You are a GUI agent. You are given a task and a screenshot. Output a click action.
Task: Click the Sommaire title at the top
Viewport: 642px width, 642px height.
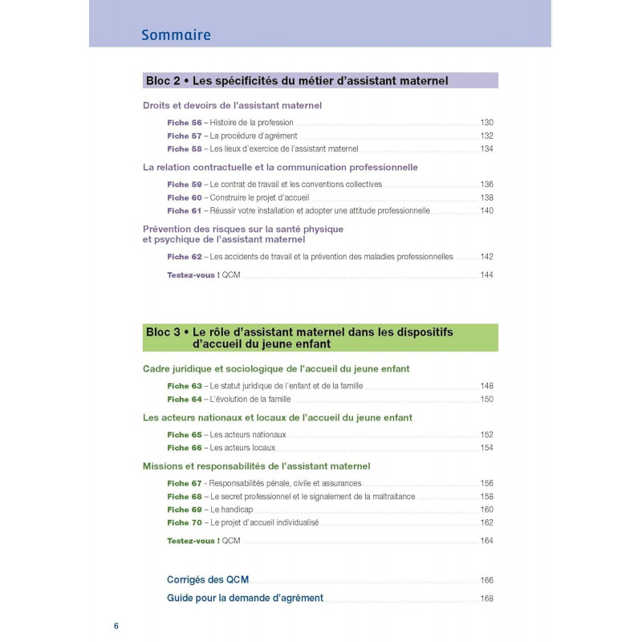tap(176, 35)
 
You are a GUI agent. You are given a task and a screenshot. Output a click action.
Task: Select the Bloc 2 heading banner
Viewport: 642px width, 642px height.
tap(320, 80)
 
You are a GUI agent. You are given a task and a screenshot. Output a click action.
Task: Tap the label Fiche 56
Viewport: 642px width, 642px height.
tap(184, 122)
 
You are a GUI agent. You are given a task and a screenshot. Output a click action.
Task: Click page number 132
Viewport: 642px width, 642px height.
tap(486, 136)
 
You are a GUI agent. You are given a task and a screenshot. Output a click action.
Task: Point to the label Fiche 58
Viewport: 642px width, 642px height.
tap(184, 149)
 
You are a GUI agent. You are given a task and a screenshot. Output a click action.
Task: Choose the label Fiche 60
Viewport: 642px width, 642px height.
tap(184, 197)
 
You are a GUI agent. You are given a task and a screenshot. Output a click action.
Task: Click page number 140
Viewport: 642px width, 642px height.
tap(486, 211)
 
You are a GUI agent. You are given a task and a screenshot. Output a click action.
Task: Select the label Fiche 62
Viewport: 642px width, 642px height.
tap(184, 257)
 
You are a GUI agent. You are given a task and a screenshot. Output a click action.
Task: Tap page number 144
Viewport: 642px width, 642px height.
tap(486, 275)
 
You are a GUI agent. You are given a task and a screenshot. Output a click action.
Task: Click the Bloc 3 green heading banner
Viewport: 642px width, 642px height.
tap(320, 337)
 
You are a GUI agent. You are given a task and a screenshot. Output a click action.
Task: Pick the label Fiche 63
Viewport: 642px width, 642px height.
tap(184, 385)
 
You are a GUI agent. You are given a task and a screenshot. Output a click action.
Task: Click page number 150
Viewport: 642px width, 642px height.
tap(486, 399)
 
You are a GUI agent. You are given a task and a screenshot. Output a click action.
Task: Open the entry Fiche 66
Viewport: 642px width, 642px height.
tap(184, 448)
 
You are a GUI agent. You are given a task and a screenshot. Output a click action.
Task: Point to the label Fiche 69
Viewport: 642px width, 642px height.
tap(184, 510)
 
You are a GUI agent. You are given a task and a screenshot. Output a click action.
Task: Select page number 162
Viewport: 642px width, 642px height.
tap(486, 522)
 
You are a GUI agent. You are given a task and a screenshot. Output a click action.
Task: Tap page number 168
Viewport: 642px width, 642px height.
tap(486, 599)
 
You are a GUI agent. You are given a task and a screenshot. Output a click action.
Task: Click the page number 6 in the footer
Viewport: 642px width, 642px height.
tap(116, 625)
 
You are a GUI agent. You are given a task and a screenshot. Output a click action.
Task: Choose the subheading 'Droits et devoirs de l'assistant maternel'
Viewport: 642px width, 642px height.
tap(232, 105)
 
